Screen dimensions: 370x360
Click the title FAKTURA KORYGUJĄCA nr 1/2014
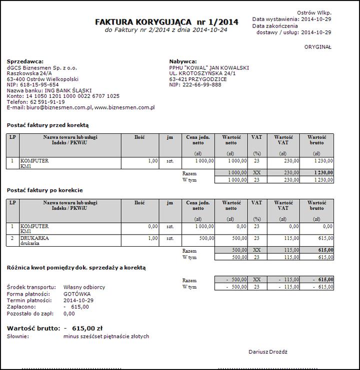(x=166, y=22)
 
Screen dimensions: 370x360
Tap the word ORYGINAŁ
(x=317, y=47)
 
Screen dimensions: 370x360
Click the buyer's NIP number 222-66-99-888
(x=202, y=85)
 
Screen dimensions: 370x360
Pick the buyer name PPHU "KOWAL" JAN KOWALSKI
(x=209, y=68)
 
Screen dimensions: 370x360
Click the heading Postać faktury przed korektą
(x=47, y=125)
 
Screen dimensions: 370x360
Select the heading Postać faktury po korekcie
(x=44, y=190)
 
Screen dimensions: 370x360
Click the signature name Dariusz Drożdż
(x=268, y=352)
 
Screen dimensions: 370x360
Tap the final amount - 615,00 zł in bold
(x=83, y=328)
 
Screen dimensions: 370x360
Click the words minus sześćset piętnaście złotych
(x=106, y=337)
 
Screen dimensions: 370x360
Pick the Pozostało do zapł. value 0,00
(x=69, y=314)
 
